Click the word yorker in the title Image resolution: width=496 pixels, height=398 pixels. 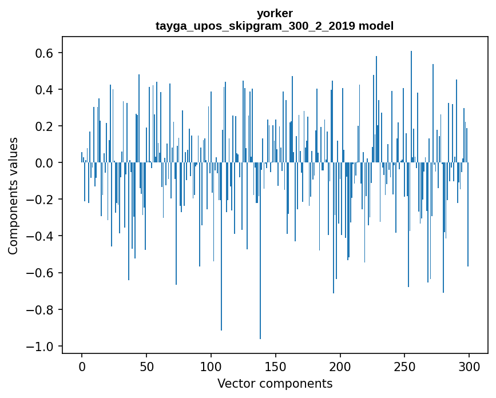(275, 14)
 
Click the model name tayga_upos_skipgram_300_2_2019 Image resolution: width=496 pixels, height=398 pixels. (253, 26)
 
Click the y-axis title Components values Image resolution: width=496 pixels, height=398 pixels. (13, 196)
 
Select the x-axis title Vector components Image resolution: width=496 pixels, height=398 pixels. (275, 383)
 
